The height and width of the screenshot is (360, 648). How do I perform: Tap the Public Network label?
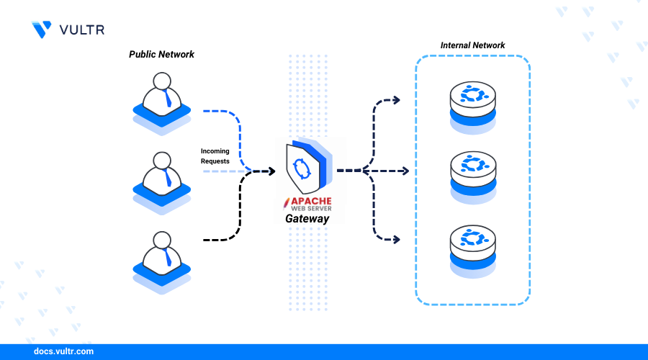pos(161,55)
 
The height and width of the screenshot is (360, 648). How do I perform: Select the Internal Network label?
pos(472,45)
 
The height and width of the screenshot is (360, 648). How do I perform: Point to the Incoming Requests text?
pos(215,156)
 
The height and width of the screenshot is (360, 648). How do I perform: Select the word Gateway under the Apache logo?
pos(307,219)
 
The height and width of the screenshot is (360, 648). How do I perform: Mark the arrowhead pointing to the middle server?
pos(405,171)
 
